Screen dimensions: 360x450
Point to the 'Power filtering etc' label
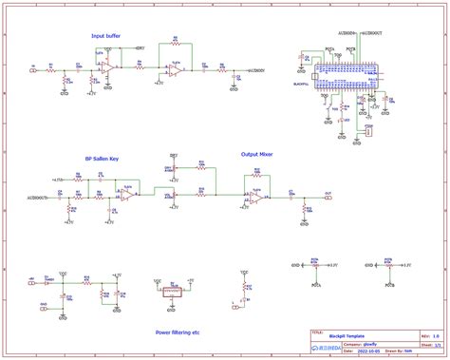coord(178,332)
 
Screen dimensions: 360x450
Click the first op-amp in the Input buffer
coord(111,69)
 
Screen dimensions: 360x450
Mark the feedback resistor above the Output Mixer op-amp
coord(256,175)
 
